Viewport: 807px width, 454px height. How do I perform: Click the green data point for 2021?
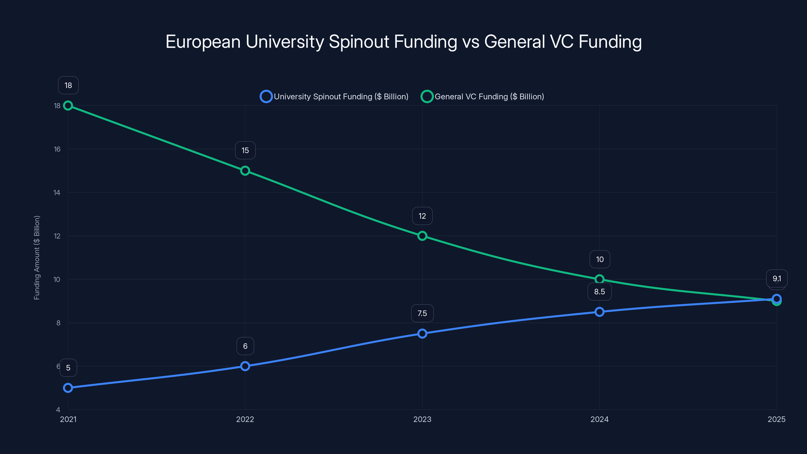tap(68, 106)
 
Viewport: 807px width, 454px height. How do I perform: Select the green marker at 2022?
tap(245, 171)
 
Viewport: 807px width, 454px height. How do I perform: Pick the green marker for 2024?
tap(599, 279)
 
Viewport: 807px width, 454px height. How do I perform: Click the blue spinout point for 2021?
tap(68, 388)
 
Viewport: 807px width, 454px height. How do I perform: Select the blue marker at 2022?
tap(245, 366)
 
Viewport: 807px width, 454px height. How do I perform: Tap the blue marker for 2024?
tap(599, 312)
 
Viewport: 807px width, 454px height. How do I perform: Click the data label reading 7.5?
tap(422, 313)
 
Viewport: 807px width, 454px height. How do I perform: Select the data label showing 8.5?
tap(599, 292)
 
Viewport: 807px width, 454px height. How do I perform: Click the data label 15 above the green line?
tap(245, 150)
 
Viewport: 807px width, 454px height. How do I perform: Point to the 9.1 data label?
tap(777, 278)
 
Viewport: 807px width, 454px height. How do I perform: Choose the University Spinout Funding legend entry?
tap(335, 97)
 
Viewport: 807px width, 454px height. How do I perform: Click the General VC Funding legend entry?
tap(482, 97)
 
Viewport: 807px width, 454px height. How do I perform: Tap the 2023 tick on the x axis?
tap(422, 419)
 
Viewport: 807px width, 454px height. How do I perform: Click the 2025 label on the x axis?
tap(776, 419)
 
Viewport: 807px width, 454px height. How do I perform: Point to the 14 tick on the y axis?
tap(57, 193)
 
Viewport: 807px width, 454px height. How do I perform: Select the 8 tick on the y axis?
tap(58, 323)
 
